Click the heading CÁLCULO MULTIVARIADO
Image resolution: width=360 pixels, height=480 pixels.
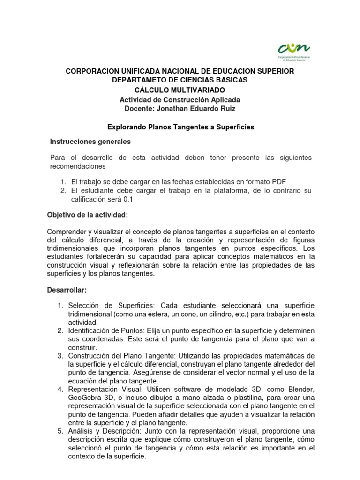click(180, 90)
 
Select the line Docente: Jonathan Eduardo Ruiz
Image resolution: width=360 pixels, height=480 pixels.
click(180, 109)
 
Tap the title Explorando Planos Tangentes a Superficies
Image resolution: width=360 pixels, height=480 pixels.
click(181, 127)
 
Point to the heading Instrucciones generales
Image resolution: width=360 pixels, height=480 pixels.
click(90, 141)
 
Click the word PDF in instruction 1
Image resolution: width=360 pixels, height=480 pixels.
click(279, 181)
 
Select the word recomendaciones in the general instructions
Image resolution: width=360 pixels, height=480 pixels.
click(78, 166)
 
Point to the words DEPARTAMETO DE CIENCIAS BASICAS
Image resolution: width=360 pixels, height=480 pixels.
click(180, 80)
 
